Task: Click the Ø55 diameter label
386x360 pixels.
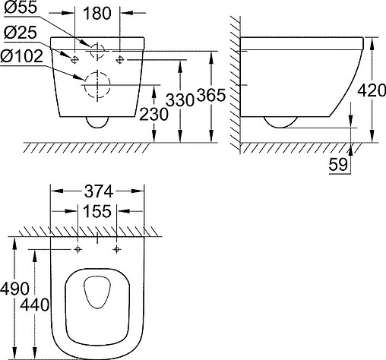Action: point(21,8)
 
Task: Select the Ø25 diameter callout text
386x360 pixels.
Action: point(21,33)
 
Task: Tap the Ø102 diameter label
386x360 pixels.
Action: point(22,56)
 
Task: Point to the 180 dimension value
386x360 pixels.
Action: point(97,13)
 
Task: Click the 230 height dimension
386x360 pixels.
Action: point(153,114)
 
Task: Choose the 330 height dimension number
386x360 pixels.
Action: point(180,100)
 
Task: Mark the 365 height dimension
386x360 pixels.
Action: point(211,96)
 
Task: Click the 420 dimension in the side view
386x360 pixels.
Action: point(372,90)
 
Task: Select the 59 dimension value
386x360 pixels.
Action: point(338,165)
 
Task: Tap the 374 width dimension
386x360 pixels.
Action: point(99,191)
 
